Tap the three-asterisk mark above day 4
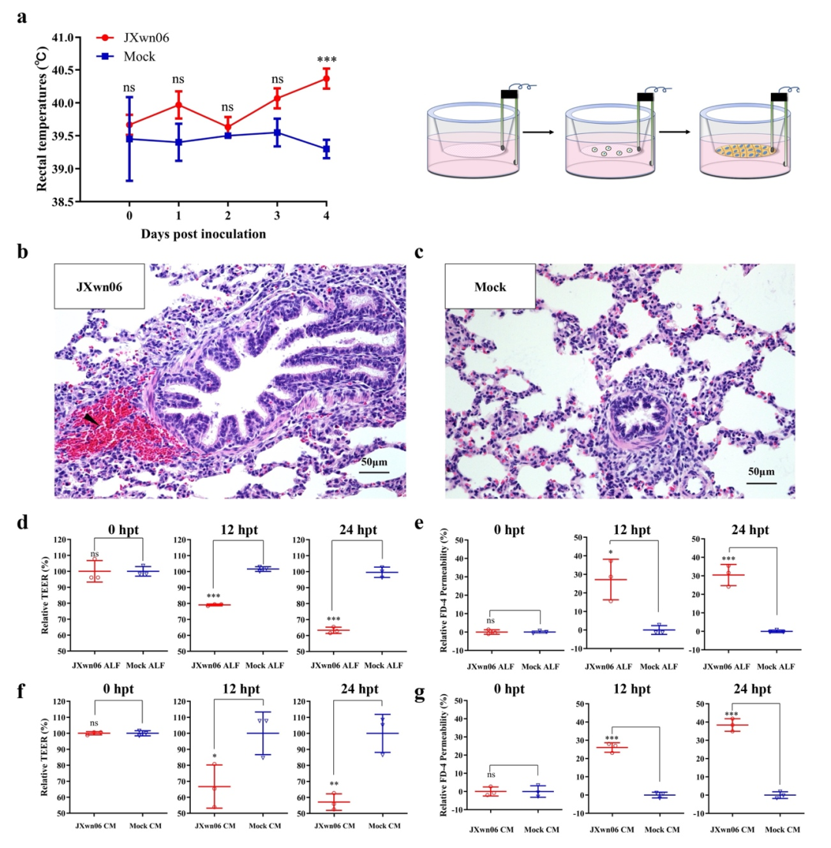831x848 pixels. pyautogui.click(x=326, y=59)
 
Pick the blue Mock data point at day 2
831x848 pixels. pyautogui.click(x=228, y=135)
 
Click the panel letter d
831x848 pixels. pyautogui.click(x=25, y=522)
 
